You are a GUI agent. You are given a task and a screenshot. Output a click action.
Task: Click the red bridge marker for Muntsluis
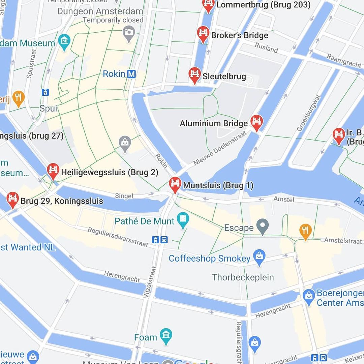[x=175, y=184]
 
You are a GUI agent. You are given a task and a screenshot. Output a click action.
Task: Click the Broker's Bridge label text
[x=240, y=35]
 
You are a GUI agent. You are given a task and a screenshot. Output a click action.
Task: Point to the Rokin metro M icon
[x=131, y=74]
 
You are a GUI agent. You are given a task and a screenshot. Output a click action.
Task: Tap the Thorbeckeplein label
[x=243, y=277]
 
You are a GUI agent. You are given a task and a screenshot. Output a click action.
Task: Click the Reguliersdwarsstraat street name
[x=118, y=237]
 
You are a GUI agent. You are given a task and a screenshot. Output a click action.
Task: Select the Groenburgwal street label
[x=308, y=113]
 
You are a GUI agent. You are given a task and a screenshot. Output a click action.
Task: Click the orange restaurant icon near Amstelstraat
[x=305, y=231]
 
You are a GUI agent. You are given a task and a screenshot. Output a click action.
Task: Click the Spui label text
[x=48, y=109]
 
